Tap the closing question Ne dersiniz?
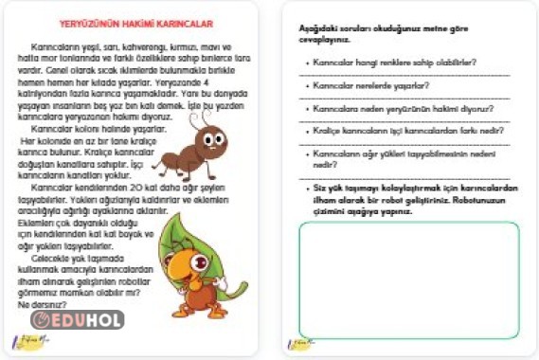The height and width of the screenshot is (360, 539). click(28, 305)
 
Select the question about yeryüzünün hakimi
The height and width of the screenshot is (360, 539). click(399, 108)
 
